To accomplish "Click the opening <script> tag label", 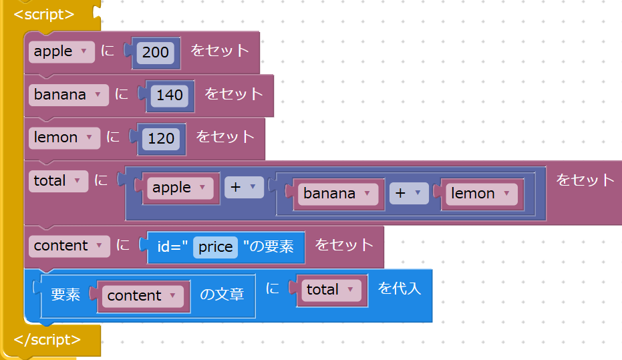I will (44, 14).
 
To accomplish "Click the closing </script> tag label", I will (47, 339).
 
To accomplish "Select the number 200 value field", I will (156, 52).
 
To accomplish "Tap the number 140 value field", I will (170, 95).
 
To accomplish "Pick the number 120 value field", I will (161, 138).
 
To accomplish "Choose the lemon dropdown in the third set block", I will (64, 138).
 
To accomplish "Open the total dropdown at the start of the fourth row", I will (59, 180).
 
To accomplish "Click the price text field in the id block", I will (215, 247).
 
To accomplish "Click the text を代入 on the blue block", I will (400, 289).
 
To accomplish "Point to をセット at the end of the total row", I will (585, 180).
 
